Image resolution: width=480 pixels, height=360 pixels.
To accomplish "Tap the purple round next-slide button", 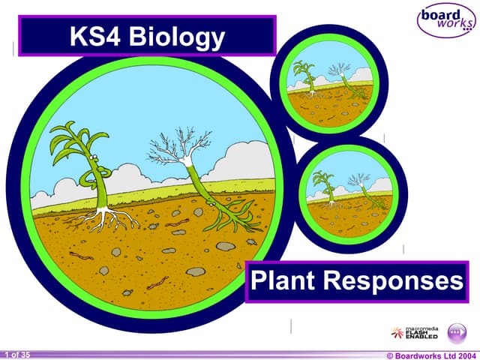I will (x=457, y=332).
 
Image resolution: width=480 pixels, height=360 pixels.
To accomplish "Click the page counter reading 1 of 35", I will (x=16, y=354).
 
